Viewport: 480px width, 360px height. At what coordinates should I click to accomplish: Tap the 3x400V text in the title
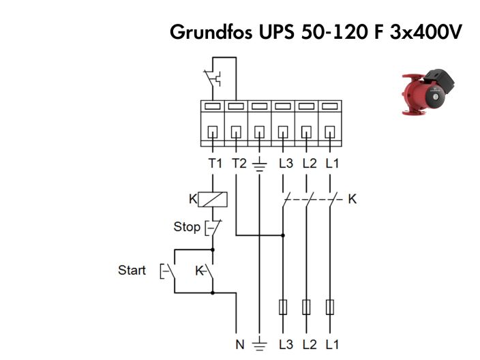pyautogui.click(x=422, y=31)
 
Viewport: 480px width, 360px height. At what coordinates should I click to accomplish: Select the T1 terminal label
pyautogui.click(x=215, y=164)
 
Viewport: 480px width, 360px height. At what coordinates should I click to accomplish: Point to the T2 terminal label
pyautogui.click(x=238, y=164)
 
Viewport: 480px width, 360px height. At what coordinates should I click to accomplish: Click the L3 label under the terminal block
pyautogui.click(x=284, y=164)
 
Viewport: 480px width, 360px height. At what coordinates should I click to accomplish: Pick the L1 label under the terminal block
pyautogui.click(x=331, y=164)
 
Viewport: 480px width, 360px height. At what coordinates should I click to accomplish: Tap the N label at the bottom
pyautogui.click(x=240, y=344)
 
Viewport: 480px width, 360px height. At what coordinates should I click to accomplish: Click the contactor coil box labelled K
pyautogui.click(x=215, y=199)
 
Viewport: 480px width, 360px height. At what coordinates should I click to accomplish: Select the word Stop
pyautogui.click(x=186, y=226)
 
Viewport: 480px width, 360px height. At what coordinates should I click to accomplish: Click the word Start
pyautogui.click(x=132, y=270)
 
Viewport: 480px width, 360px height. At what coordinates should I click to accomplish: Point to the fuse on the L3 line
pyautogui.click(x=283, y=307)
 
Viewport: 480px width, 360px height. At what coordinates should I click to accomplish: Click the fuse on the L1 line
pyautogui.click(x=330, y=307)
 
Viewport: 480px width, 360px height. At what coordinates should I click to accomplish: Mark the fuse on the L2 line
pyautogui.click(x=306, y=307)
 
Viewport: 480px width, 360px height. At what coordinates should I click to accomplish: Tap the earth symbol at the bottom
pyautogui.click(x=260, y=345)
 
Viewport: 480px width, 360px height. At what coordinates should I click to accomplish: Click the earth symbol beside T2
pyautogui.click(x=260, y=164)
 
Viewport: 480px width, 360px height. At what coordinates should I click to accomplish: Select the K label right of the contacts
pyautogui.click(x=352, y=199)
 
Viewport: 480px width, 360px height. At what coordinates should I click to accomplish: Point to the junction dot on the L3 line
pyautogui.click(x=283, y=235)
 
